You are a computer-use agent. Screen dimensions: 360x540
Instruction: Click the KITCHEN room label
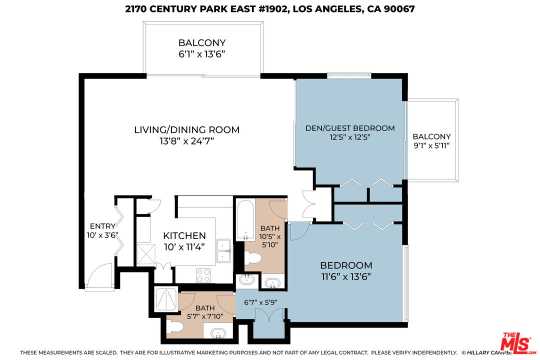coord(184,235)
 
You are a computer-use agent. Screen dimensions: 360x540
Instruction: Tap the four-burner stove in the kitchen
coord(202,275)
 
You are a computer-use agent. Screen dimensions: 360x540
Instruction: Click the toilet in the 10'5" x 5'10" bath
coord(253,259)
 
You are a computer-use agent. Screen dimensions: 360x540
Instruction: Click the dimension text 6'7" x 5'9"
coord(260,302)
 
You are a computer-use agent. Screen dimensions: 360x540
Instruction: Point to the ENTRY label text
coord(102,226)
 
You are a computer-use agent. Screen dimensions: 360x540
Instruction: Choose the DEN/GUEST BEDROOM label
coord(350,128)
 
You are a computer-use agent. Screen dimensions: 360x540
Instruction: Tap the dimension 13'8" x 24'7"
coord(186,141)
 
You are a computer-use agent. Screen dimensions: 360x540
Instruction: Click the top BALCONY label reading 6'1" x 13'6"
coord(202,43)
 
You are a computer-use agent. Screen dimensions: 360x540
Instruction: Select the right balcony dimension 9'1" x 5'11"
coord(431,145)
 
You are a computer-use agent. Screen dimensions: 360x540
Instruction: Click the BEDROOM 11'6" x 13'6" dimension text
coord(346,276)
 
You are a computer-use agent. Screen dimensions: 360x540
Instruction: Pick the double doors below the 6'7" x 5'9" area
coord(268,316)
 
